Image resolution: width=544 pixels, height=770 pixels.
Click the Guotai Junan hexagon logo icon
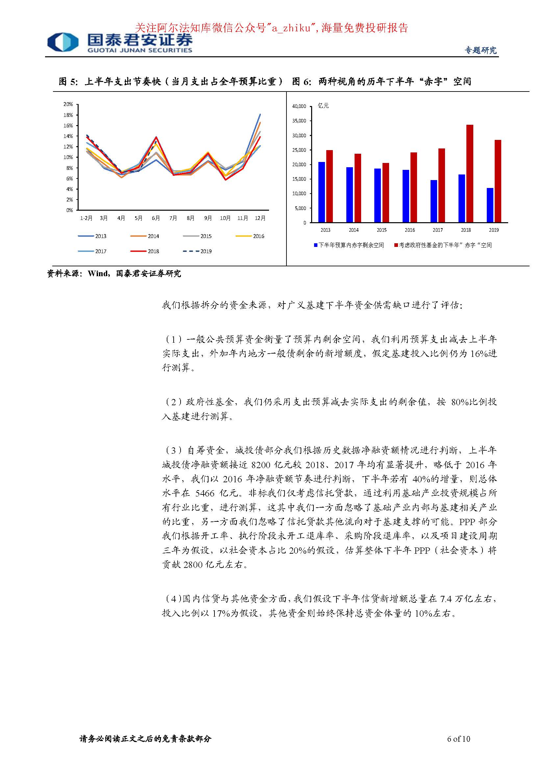point(63,42)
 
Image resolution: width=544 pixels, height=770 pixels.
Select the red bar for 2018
point(470,173)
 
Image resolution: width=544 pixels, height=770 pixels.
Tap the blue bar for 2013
point(322,192)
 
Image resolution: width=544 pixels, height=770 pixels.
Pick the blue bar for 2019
point(490,205)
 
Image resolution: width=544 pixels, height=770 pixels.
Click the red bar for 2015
point(385,193)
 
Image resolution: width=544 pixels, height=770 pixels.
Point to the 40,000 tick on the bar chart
point(299,106)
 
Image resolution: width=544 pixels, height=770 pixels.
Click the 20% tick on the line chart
point(68,104)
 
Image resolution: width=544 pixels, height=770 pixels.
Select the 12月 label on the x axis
point(260,218)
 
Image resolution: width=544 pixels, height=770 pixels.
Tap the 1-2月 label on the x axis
point(86,218)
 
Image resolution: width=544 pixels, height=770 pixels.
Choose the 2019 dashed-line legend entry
point(197,251)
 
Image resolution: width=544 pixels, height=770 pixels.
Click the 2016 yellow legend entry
point(250,236)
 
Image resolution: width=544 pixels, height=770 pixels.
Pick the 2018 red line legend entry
point(145,251)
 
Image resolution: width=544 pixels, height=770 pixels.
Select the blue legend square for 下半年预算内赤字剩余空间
point(315,245)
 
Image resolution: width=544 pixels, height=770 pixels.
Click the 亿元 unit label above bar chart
point(323,106)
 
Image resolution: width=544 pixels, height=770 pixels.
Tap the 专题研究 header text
point(480,50)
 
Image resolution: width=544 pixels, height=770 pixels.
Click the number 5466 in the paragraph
point(205,493)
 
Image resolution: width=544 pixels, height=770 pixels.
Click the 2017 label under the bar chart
point(437,230)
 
